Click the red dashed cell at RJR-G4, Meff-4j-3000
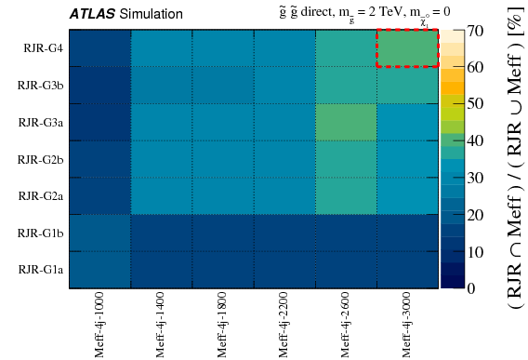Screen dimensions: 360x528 coord(407,48)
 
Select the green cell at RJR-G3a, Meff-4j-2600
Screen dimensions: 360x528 coord(346,122)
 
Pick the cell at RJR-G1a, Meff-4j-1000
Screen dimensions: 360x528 coord(100,270)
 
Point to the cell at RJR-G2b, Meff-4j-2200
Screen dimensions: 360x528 coord(284,159)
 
